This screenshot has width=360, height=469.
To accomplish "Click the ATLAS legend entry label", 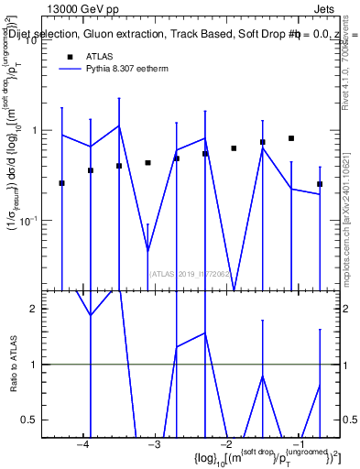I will click(101, 57).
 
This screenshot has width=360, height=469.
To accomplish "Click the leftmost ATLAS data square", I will click(61, 183).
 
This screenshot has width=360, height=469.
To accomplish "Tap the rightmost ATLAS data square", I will click(320, 184).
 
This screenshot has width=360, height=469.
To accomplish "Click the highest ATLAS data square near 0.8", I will click(291, 138).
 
